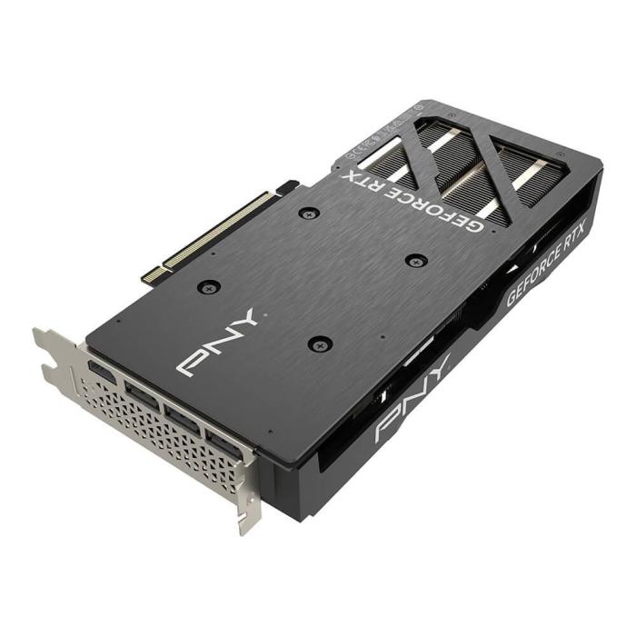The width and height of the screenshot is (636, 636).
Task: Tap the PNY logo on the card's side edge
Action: click(x=412, y=400)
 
